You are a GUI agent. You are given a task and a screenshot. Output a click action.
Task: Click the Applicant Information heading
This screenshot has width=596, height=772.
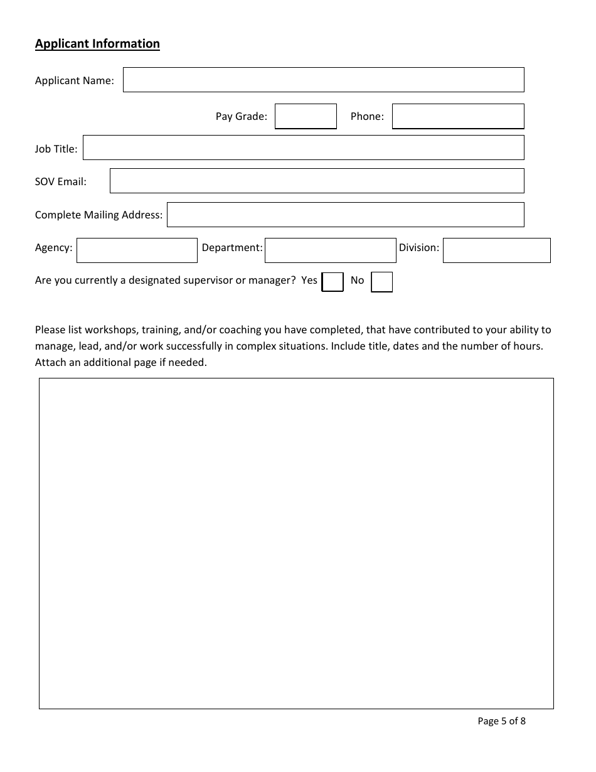[97, 43]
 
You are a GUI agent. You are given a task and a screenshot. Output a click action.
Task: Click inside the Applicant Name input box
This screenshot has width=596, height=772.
[323, 80]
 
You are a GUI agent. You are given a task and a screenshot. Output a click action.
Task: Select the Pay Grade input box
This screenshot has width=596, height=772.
[306, 117]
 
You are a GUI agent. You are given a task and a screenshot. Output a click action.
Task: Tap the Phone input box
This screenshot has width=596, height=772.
[458, 117]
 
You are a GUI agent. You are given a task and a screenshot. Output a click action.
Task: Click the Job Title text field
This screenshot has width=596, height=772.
[303, 148]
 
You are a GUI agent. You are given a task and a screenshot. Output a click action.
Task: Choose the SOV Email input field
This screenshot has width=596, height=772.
[317, 181]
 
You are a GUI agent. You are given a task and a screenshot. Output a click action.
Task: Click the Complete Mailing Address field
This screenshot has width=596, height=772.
[345, 215]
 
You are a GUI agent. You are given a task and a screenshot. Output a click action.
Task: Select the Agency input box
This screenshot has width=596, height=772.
[137, 250]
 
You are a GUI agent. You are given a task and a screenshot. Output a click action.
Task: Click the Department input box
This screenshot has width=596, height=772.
[330, 250]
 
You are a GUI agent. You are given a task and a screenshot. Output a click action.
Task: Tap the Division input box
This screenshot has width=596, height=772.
[496, 250]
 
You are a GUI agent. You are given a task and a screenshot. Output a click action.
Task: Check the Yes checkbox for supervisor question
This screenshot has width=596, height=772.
[333, 282]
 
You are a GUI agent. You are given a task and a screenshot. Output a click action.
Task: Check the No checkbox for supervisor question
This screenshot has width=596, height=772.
[381, 282]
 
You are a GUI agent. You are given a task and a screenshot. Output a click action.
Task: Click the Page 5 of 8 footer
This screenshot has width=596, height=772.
[501, 721]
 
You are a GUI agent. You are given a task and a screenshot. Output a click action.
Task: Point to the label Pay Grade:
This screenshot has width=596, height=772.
[242, 116]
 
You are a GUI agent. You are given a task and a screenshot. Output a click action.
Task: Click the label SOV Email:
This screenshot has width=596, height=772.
[61, 181]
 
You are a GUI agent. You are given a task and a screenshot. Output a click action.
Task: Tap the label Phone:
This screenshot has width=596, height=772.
[367, 116]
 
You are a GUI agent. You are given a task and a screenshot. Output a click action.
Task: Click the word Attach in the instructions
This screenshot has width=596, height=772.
[50, 362]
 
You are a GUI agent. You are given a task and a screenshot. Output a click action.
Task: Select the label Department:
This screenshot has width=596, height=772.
[231, 247]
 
